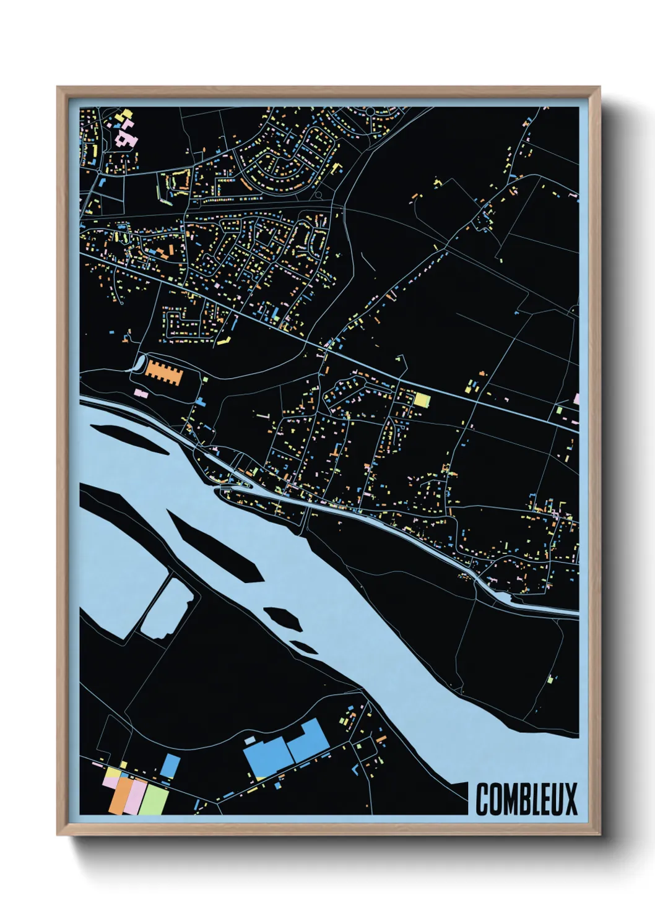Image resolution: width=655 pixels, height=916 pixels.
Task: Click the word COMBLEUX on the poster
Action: tap(526, 799)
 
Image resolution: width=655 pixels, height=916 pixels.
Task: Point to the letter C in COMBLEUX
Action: tap(482, 799)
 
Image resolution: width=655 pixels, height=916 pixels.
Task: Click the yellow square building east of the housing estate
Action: tap(422, 400)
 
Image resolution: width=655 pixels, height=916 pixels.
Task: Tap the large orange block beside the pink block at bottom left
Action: tap(121, 796)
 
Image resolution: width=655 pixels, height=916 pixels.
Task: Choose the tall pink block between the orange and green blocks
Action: tap(137, 797)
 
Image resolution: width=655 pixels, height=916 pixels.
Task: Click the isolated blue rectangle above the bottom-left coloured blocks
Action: tap(170, 766)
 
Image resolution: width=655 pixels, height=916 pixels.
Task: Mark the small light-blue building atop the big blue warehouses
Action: tap(249, 740)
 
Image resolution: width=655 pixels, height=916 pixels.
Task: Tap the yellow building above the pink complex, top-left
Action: tap(127, 114)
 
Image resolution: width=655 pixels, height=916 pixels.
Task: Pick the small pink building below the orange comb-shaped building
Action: tap(141, 393)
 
